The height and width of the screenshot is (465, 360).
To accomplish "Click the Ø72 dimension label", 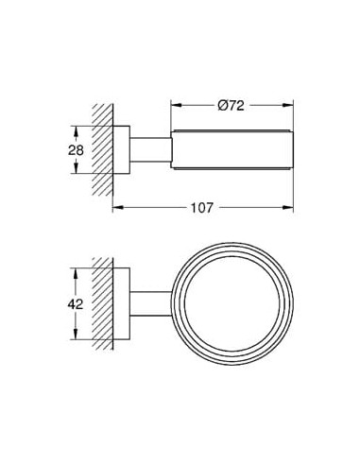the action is (231, 106).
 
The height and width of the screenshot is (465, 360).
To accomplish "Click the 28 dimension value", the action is (76, 150).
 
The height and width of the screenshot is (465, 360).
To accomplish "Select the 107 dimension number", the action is (202, 208).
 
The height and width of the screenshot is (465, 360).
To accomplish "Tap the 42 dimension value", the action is (76, 304).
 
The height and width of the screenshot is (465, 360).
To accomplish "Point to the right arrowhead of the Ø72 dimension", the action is (288, 106).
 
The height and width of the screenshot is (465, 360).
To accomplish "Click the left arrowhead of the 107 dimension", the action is (118, 207).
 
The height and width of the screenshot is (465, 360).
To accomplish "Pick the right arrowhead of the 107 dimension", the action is (288, 207).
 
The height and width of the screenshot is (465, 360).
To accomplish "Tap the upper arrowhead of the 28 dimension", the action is (76, 131).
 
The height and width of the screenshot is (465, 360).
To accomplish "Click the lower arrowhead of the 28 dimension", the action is (76, 167).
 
